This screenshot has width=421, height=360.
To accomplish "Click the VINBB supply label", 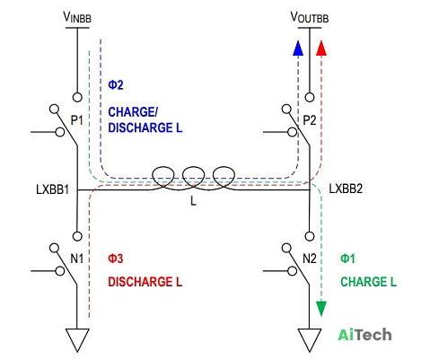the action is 77,17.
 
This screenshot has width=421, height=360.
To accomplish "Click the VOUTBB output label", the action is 310,17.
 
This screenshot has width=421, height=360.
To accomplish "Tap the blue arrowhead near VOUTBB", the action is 298,48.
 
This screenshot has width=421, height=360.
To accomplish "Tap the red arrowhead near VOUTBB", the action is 321,48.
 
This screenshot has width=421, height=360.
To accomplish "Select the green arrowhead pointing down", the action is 321,309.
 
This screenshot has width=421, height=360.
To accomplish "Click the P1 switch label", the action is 76,120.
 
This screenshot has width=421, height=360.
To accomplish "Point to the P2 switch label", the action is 310,120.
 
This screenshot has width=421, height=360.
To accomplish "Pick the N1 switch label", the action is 76,259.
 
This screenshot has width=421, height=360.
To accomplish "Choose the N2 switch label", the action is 310,259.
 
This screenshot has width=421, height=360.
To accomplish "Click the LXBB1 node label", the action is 52,189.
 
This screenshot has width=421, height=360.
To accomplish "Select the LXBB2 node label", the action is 346,189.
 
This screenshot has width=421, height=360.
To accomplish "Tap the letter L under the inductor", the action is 193,200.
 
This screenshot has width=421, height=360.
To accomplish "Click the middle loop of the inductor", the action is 194,167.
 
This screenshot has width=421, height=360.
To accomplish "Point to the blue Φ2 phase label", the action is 116,85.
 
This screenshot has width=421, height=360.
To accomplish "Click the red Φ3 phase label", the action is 116,259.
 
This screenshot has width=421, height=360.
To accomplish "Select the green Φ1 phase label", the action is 347,259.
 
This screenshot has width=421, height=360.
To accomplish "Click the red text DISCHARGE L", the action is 145,282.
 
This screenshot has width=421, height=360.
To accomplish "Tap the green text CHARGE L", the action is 368,282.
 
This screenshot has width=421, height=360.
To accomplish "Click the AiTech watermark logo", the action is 364,334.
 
